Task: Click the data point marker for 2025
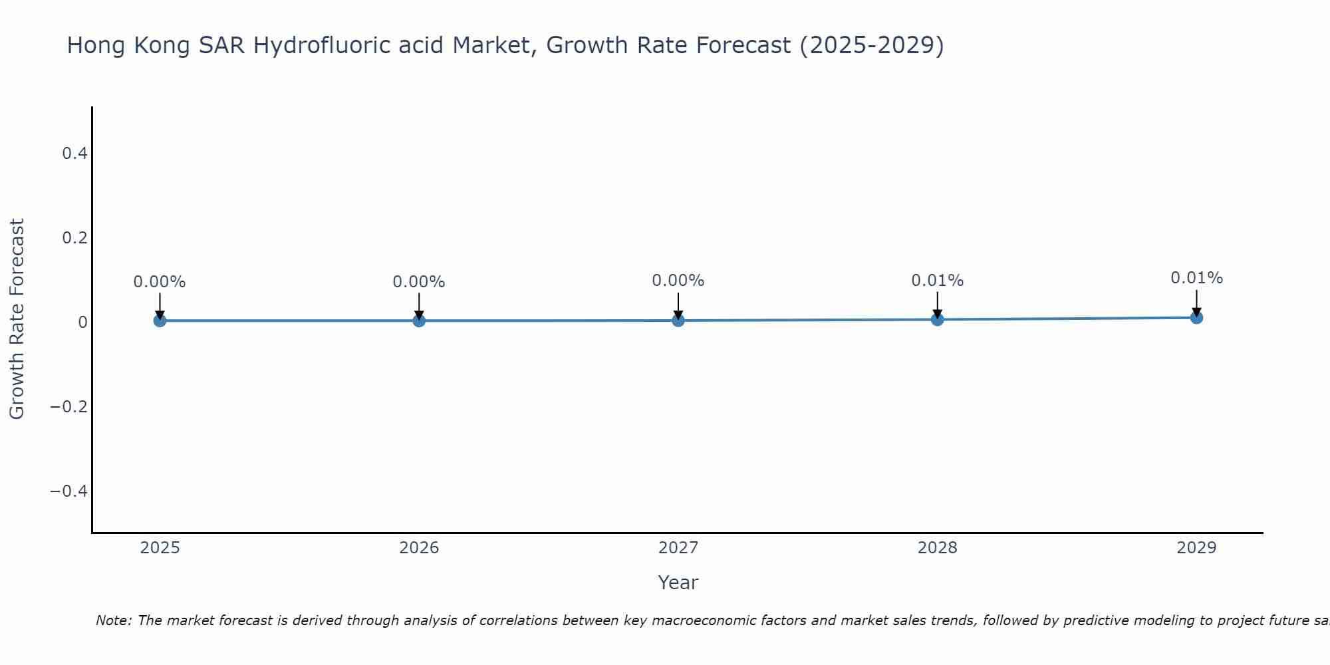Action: click(160, 321)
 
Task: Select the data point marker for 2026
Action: click(419, 321)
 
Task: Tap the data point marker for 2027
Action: click(678, 321)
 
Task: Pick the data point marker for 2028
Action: click(937, 320)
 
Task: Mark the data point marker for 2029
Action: click(1196, 318)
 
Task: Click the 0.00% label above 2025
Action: click(160, 282)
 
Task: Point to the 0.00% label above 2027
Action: click(678, 281)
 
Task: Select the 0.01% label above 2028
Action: click(937, 281)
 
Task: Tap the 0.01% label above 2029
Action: click(1196, 278)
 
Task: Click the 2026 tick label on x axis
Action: click(419, 548)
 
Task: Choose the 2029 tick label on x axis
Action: click(1196, 548)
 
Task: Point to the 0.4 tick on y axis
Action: click(74, 154)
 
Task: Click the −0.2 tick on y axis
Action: click(69, 406)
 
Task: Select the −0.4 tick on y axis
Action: click(69, 491)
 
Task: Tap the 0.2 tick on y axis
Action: click(74, 238)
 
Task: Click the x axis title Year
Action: click(678, 583)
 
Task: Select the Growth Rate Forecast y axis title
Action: click(17, 319)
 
